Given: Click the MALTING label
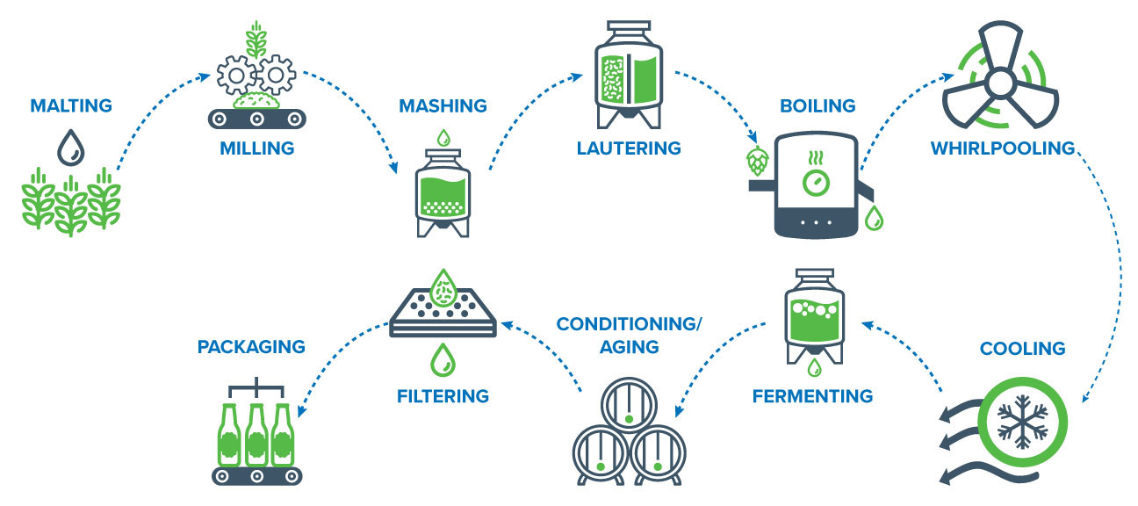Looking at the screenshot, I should tap(71, 106).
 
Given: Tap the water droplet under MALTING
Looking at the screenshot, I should tap(68, 148).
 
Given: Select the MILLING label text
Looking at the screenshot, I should tap(256, 148).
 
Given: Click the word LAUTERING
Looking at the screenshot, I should tap(629, 148).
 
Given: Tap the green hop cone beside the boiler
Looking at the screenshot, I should tap(756, 161).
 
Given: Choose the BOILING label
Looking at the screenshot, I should tap(817, 106).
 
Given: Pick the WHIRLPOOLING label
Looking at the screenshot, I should tap(1003, 148).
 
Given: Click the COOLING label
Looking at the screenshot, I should tap(1022, 349).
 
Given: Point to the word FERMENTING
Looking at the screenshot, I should tap(812, 395).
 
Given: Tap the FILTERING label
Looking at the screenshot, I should tap(443, 395).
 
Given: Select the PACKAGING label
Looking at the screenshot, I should tap(251, 346).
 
